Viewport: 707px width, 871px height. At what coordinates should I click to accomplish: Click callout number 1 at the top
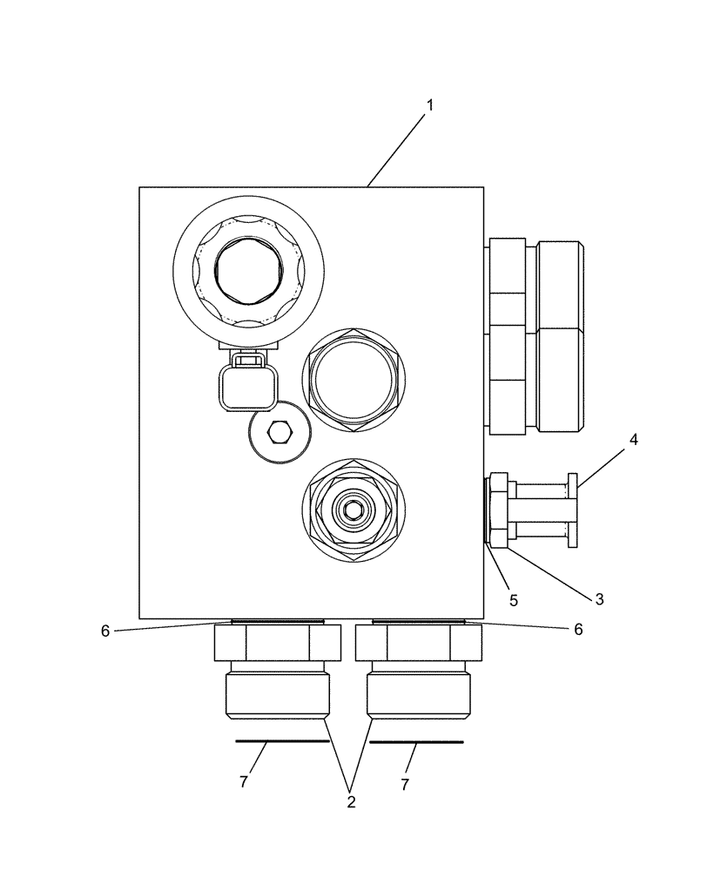429,105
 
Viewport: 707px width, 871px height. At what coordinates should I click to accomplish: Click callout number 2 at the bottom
351,801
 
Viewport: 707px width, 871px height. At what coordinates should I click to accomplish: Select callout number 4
634,440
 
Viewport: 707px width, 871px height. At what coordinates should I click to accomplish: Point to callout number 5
514,600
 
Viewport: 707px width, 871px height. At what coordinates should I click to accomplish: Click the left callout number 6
105,631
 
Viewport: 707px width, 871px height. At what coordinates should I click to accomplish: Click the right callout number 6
577,630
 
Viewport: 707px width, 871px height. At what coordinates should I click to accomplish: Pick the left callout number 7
243,782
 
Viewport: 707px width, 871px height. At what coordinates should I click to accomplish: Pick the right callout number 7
405,784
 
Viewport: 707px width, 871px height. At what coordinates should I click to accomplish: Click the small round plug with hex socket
278,431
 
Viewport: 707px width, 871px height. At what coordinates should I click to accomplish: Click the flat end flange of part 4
573,510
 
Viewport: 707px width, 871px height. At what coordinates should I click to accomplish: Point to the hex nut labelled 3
499,510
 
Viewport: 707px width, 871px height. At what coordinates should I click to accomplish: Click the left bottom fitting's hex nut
277,643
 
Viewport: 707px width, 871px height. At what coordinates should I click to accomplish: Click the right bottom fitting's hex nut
419,643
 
